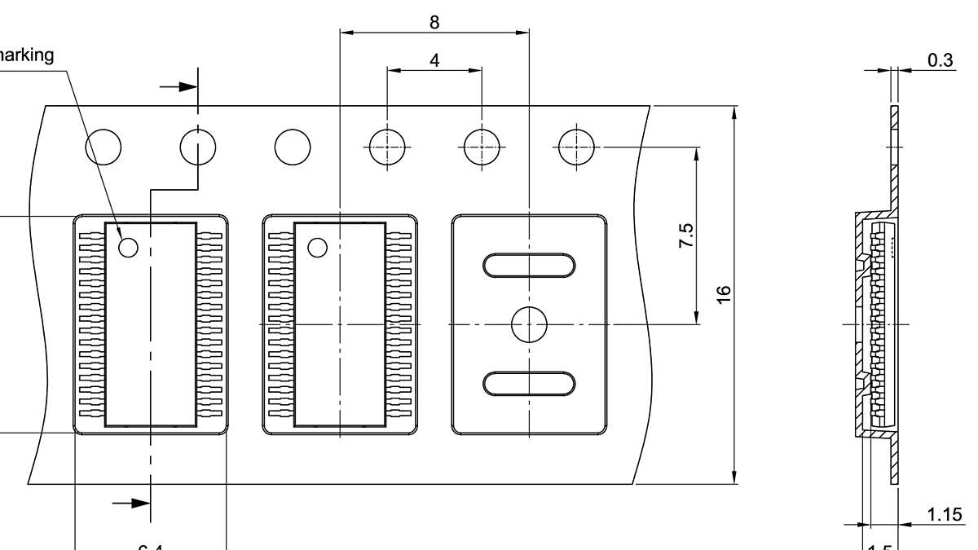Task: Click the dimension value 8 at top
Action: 434,22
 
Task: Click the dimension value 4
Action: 434,60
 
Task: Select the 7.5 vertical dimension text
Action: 686,235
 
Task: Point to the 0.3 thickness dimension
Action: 941,60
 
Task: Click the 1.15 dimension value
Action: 944,514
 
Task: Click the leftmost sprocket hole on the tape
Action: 104,147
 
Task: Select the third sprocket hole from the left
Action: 293,147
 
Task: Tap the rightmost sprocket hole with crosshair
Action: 576,147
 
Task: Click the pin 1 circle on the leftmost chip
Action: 129,247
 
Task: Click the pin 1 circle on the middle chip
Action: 316,247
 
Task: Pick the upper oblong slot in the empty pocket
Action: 530,266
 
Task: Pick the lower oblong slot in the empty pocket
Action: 530,383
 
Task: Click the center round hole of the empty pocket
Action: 529,325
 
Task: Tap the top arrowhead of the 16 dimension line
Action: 735,114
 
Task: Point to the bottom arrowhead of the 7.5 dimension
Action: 697,317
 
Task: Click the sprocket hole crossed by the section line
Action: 198,147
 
